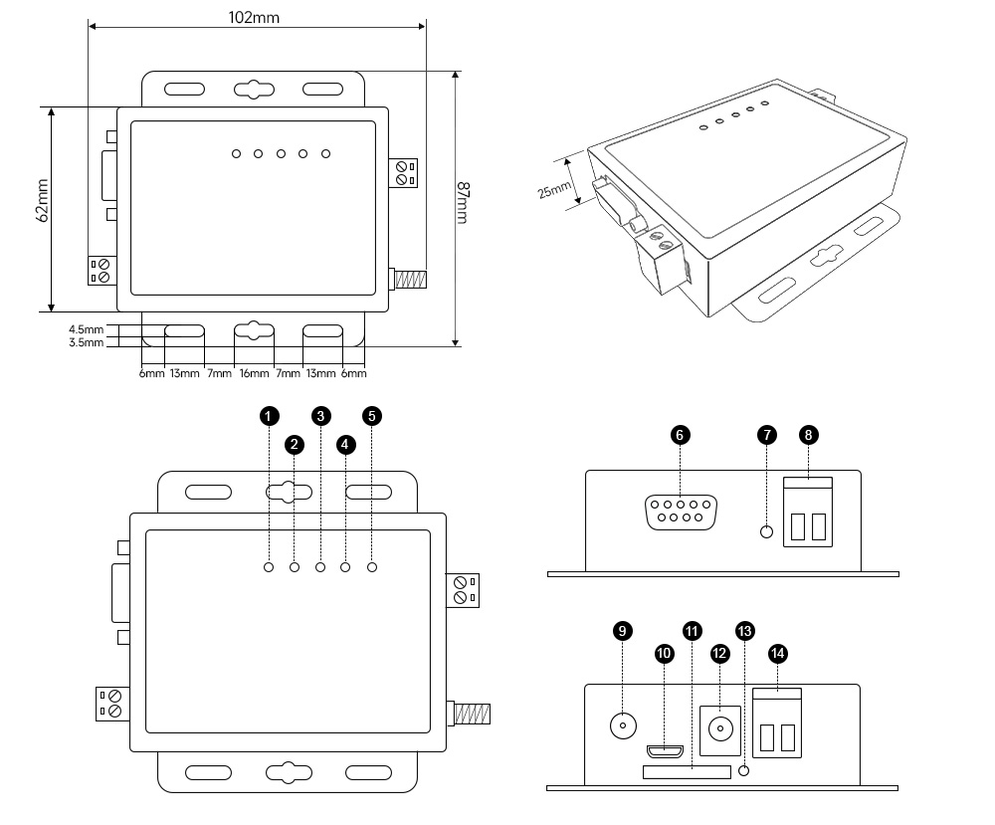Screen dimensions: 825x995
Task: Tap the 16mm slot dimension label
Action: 254,374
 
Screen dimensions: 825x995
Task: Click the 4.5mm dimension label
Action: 86,329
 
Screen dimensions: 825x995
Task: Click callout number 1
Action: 269,416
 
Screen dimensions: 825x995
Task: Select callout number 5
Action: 372,416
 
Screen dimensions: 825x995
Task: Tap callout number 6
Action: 681,435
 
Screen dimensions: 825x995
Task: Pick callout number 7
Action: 766,435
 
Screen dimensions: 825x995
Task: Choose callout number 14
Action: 778,653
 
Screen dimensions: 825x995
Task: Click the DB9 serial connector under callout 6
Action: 681,515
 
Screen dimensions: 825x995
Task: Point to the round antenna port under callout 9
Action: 623,725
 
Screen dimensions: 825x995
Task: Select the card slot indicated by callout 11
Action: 687,770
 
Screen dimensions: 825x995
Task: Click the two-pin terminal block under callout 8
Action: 807,514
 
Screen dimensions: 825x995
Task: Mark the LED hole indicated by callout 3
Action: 320,567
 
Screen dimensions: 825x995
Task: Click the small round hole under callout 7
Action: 766,531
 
